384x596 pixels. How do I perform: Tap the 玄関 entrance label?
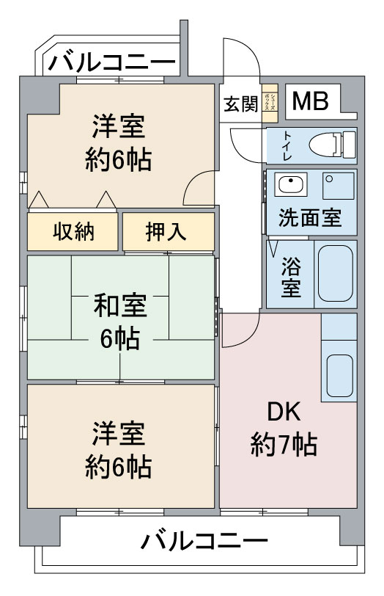point(240,103)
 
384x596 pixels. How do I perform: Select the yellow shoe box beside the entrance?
point(270,103)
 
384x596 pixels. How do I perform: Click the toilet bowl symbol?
point(333,145)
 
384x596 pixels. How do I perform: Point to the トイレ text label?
point(287,145)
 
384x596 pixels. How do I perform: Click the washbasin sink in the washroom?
point(291,184)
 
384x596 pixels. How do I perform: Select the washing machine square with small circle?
point(339,186)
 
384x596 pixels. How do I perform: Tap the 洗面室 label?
point(310,218)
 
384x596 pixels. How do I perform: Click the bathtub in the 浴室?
point(336,273)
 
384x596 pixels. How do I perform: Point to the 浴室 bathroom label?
point(291,277)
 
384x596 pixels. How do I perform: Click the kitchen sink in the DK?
point(339,376)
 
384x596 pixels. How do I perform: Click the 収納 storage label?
point(73,231)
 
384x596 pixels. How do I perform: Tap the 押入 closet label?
point(166,231)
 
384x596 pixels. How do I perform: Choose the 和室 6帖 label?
point(120,321)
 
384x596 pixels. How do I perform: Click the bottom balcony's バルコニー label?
point(204,540)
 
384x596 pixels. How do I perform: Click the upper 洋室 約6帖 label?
point(119,143)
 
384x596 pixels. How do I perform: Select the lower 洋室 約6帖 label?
point(119,450)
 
